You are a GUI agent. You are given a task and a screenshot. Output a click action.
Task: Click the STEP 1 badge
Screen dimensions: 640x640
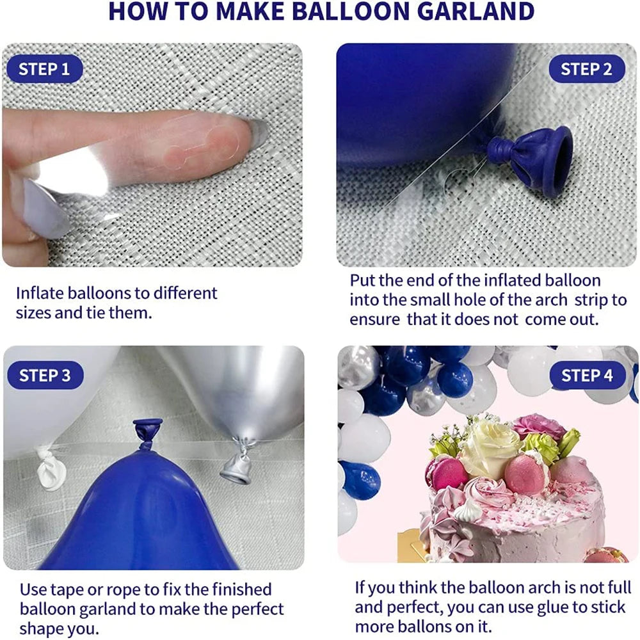44,69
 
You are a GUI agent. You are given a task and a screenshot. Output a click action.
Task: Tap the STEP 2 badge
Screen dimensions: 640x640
586,69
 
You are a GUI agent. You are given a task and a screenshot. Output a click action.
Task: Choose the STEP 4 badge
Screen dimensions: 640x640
587,375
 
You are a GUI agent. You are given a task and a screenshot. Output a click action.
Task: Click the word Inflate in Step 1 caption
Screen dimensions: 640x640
40,293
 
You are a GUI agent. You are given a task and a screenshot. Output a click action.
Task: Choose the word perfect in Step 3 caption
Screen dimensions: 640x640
250,608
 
